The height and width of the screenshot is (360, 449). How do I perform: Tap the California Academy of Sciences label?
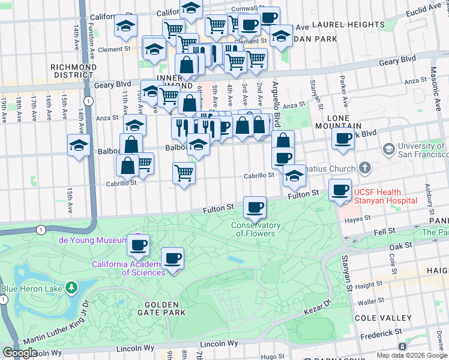click(128, 268)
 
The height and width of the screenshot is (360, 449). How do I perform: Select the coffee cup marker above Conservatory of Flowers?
click(255, 208)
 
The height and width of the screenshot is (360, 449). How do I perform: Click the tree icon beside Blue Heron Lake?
click(73, 287)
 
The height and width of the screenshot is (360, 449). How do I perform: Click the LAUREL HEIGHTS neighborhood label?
click(348, 25)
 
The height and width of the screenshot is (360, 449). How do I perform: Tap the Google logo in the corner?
click(20, 353)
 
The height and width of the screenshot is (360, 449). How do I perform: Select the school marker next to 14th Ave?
click(79, 146)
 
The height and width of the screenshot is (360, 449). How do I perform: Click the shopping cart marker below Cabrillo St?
click(184, 173)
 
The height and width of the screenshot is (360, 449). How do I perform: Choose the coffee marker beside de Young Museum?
click(139, 245)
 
